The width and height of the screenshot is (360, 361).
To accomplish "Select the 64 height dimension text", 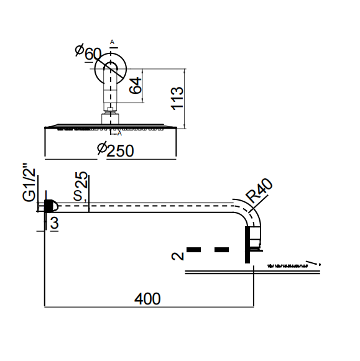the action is point(135,85).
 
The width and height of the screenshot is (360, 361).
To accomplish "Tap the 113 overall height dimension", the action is point(177,98).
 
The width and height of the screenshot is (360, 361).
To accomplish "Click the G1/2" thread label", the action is point(29,182).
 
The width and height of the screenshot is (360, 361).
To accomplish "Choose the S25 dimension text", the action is point(81,186).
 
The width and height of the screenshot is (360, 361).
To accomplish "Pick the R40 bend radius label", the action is point(259,191).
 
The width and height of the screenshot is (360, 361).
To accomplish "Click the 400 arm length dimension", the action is point(147,299).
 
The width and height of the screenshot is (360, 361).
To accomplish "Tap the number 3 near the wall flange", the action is point(54,223).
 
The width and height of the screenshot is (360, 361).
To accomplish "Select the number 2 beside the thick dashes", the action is point(178,256).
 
